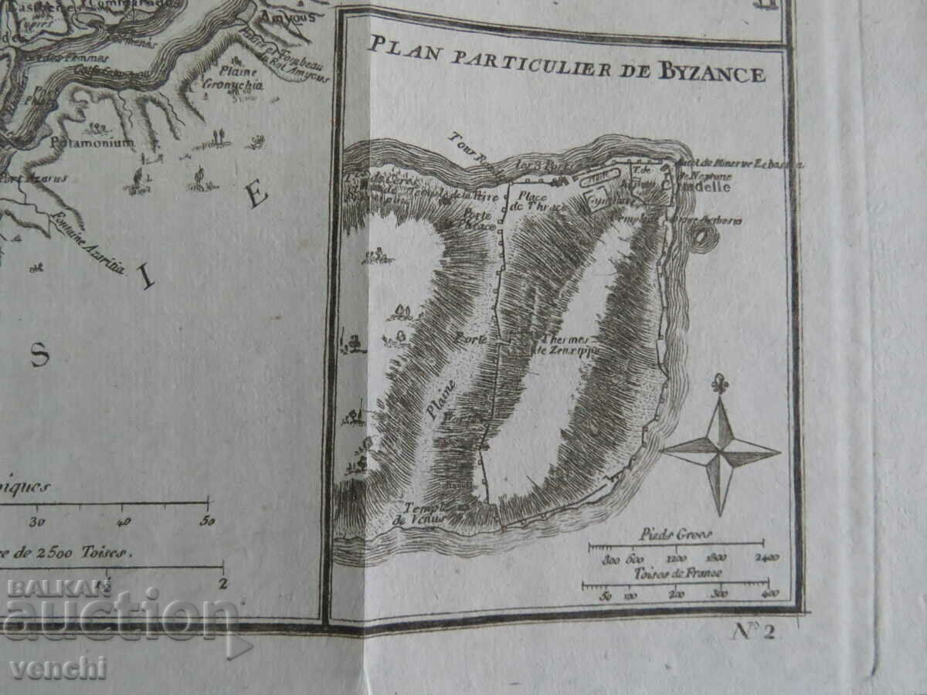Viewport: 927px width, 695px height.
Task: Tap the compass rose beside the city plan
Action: pyautogui.click(x=721, y=451)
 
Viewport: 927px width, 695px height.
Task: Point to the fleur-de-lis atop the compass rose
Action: pyautogui.click(x=721, y=383)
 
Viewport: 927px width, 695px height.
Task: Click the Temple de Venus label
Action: pyautogui.click(x=421, y=514)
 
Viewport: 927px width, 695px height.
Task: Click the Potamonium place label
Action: pyautogui.click(x=92, y=143)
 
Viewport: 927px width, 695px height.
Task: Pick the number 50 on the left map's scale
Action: pyautogui.click(x=207, y=520)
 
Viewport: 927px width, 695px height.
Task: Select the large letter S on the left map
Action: pyautogui.click(x=39, y=354)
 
